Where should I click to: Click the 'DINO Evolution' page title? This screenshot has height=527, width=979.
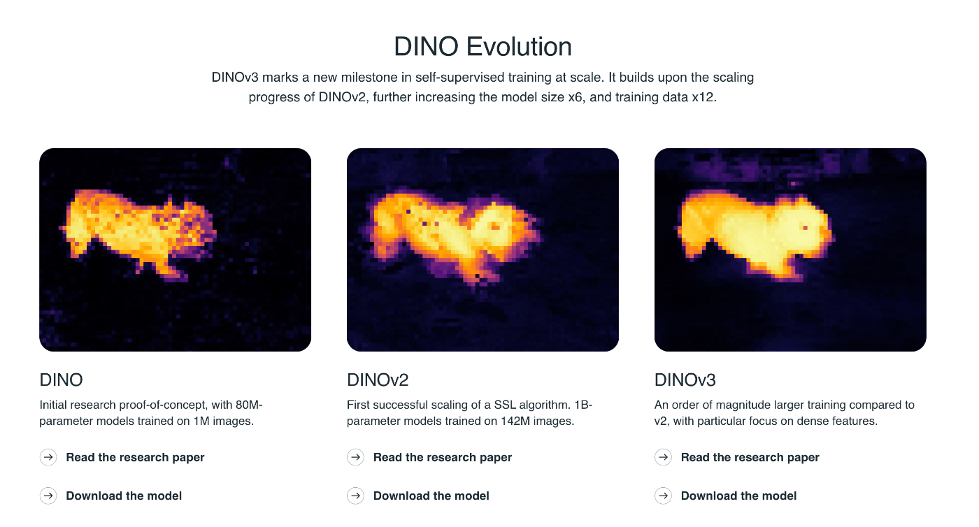click(483, 46)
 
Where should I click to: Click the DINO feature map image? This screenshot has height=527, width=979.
click(176, 250)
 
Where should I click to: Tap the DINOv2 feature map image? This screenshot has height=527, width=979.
click(483, 250)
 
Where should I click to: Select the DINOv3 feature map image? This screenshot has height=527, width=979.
click(790, 250)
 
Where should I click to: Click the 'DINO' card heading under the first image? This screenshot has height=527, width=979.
click(62, 380)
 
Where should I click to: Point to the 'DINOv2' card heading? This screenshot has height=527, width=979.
click(378, 380)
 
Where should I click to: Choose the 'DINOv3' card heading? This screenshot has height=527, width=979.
click(685, 380)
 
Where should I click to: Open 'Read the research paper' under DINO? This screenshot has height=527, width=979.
click(135, 457)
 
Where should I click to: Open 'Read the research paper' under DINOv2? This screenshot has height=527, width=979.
click(442, 457)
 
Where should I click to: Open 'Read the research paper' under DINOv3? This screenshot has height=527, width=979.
click(750, 457)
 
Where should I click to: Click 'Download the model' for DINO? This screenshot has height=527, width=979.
click(124, 496)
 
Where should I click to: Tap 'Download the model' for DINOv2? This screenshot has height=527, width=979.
click(431, 496)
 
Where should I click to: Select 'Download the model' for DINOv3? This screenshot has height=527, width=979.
click(738, 496)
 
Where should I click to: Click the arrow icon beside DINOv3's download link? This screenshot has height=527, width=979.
click(663, 496)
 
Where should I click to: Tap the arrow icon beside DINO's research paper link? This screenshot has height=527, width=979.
click(48, 457)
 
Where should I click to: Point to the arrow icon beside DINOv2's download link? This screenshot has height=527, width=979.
click(355, 496)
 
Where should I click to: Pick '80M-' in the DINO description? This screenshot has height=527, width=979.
click(249, 405)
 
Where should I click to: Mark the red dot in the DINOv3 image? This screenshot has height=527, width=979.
click(805, 228)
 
